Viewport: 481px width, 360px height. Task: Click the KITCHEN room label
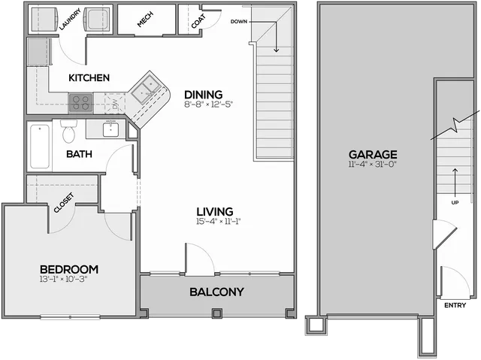[89, 78]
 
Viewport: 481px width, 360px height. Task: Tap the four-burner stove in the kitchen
[81, 103]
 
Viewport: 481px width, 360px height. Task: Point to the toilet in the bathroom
[68, 131]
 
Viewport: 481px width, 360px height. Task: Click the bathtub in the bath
[40, 147]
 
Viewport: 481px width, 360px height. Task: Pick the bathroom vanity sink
[110, 129]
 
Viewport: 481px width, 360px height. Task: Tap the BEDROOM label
[69, 270]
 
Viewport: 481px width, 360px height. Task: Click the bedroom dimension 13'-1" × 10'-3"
[63, 279]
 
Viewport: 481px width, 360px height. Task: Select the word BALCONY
[217, 292]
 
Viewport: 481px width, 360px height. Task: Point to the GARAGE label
[373, 155]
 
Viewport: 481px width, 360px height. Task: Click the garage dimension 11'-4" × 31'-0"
[373, 164]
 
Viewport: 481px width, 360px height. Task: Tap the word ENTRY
[455, 305]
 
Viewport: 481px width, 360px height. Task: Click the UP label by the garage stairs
[455, 203]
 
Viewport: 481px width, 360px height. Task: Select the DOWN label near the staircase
[239, 22]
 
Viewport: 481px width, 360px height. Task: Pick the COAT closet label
[198, 22]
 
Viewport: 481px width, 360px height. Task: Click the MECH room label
[145, 20]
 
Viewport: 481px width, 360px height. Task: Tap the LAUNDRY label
[70, 20]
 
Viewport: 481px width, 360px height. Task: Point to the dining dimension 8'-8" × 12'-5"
[209, 104]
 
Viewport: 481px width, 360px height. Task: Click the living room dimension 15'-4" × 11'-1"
[219, 222]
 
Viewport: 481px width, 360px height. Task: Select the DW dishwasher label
[115, 104]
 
